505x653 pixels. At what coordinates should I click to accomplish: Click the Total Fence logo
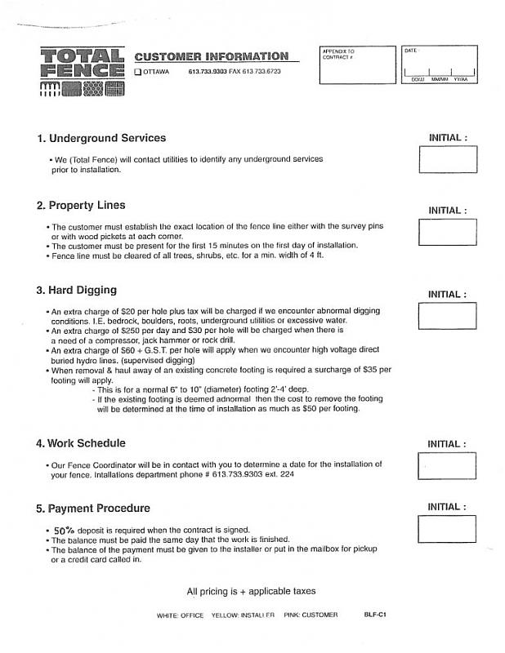tap(82, 73)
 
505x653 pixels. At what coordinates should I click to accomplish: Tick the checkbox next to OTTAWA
tap(138, 72)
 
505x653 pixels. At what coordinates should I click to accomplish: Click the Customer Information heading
tap(211, 56)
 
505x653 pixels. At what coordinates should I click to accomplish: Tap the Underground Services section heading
tap(101, 138)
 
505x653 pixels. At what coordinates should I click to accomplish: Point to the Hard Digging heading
tap(76, 290)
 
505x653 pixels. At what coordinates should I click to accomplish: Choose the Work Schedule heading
tap(80, 443)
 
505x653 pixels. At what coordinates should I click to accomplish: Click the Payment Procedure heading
tap(93, 508)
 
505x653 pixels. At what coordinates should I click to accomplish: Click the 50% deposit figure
tap(65, 530)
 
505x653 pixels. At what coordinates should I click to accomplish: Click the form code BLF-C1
tap(375, 614)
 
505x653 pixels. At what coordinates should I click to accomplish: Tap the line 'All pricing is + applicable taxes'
tap(251, 591)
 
